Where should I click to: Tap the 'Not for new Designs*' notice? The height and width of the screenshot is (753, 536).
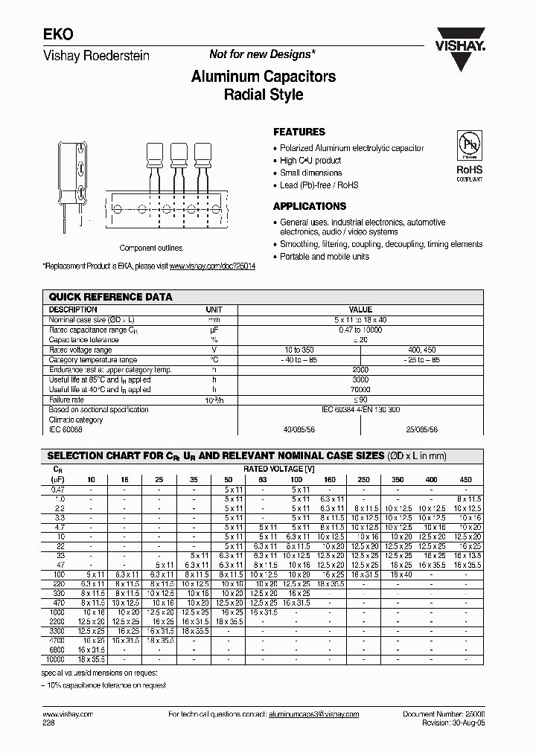click(262, 54)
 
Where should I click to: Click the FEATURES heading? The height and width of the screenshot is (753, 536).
click(299, 132)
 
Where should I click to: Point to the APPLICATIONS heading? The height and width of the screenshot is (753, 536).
click(310, 206)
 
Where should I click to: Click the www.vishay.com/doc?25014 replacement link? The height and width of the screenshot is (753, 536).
click(212, 266)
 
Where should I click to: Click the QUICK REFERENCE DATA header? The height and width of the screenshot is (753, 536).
click(110, 297)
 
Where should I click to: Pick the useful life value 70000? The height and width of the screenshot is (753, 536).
click(360, 389)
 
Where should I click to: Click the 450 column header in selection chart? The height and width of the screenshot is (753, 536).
click(465, 480)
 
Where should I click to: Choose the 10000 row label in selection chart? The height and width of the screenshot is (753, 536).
click(56, 659)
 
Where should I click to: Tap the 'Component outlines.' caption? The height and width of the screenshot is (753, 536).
click(151, 249)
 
